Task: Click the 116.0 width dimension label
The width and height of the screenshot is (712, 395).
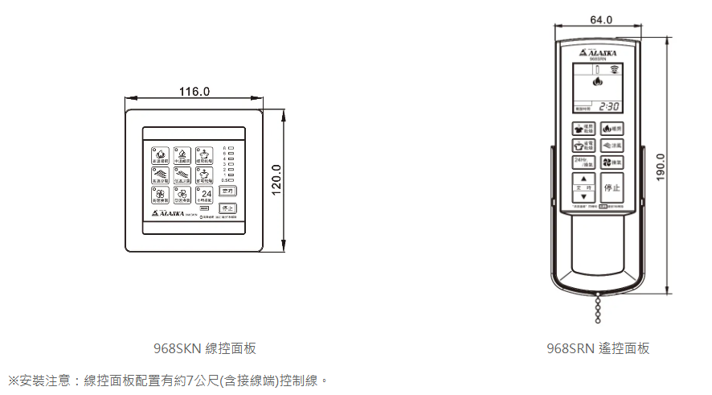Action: click(194, 92)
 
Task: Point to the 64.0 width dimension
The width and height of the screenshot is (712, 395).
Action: click(600, 19)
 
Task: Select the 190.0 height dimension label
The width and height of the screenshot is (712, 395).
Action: click(661, 167)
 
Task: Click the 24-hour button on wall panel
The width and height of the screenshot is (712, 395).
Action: click(205, 195)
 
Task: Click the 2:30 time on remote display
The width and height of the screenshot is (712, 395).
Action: click(608, 106)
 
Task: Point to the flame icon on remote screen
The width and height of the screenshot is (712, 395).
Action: click(597, 80)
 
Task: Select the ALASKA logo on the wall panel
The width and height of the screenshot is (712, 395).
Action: click(166, 214)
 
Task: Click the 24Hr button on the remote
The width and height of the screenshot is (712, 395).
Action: click(583, 163)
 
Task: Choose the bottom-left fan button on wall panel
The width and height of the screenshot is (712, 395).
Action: click(159, 195)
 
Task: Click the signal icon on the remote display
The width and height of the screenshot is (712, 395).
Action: click(616, 70)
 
